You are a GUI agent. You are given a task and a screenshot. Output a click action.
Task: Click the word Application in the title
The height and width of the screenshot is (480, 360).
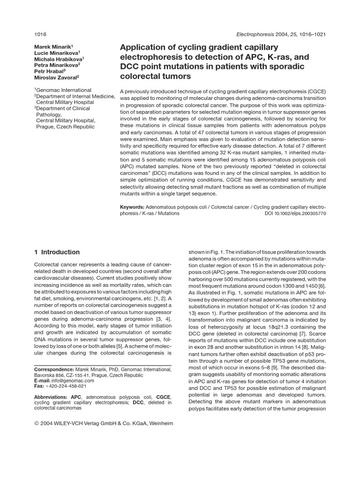(143, 47)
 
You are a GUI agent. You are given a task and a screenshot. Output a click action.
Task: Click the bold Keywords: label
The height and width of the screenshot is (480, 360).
(132, 207)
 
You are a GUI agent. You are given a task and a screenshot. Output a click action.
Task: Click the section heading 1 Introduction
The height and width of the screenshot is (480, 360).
(57, 252)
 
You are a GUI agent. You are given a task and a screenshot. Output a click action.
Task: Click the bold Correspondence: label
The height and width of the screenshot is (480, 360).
(54, 369)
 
